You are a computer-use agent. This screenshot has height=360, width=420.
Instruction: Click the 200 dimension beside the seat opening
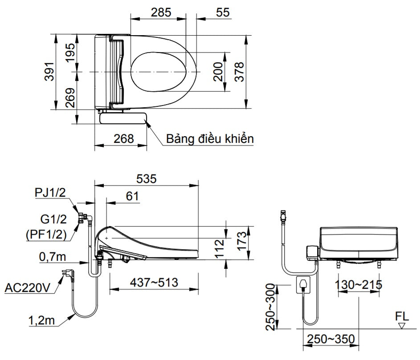coord(218,71)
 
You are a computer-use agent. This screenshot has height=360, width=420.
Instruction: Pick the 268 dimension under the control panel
coord(123,138)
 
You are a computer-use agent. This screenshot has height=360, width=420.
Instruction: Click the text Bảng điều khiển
coord(210,138)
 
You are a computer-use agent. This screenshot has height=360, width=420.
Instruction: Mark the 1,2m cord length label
coord(39,319)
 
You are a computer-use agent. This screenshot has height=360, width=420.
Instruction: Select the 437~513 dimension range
coord(154,282)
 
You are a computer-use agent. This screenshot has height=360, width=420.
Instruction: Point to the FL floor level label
coord(402,317)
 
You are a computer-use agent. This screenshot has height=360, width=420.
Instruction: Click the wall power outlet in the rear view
coord(303,284)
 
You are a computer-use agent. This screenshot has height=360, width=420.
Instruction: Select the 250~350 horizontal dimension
coord(330,339)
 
